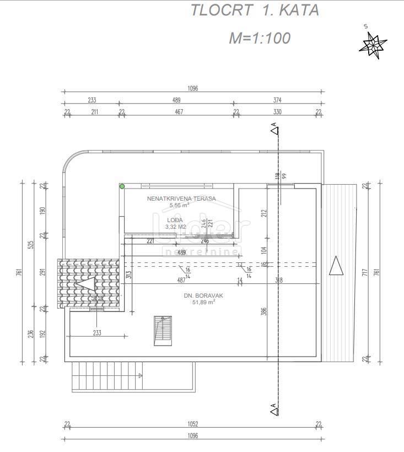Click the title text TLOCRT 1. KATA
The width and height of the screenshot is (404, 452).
tap(255, 10)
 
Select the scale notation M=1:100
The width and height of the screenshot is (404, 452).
tap(260, 38)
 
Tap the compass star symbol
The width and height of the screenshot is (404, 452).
tap(373, 45)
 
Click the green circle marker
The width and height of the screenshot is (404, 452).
tap(122, 187)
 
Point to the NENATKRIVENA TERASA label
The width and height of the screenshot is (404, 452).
tap(181, 198)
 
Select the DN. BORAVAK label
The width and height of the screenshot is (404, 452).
tap(200, 295)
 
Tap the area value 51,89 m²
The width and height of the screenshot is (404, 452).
tap(203, 302)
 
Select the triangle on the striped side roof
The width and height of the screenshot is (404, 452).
tap(335, 268)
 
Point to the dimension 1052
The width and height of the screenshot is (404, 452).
tap(192, 424)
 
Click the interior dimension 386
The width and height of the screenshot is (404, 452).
tap(264, 314)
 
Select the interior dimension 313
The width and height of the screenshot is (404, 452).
tap(128, 276)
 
